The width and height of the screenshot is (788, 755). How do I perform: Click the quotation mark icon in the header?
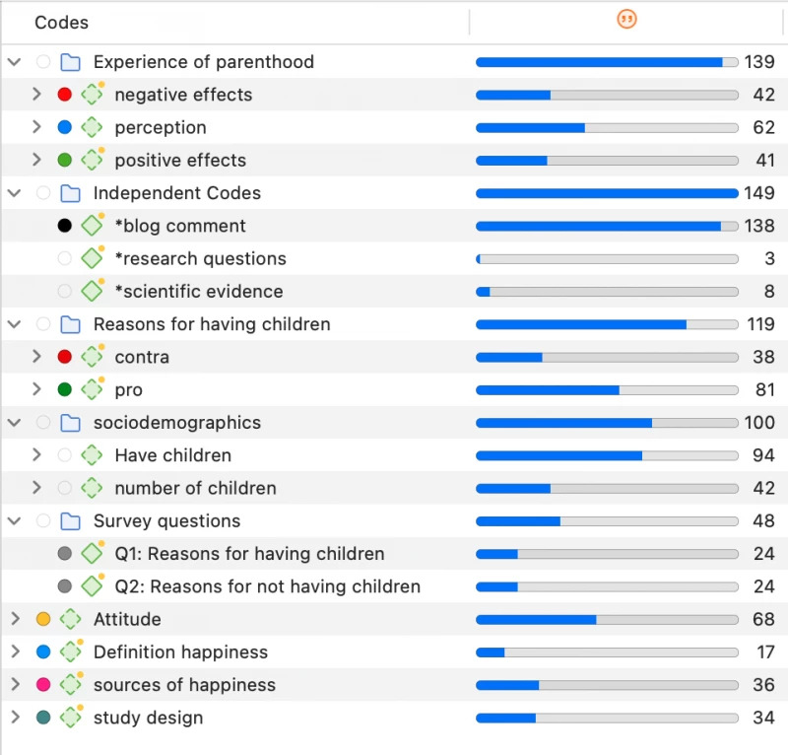tap(625, 19)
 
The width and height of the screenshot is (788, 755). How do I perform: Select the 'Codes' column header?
tap(61, 22)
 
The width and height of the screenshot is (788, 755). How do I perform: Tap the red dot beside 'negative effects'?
tap(65, 95)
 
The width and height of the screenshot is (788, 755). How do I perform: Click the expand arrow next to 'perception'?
tap(36, 127)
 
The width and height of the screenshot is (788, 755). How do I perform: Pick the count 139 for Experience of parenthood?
tap(759, 62)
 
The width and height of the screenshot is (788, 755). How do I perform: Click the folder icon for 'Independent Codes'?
tap(70, 193)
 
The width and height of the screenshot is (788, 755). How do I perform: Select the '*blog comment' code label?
tap(180, 226)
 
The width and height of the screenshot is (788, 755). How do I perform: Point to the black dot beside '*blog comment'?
tap(65, 226)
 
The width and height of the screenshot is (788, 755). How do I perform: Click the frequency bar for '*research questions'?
tap(607, 259)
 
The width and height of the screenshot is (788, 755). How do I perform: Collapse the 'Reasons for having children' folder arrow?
tap(15, 324)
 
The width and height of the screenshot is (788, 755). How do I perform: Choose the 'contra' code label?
tap(142, 357)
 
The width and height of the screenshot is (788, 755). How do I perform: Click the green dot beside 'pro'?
tap(65, 389)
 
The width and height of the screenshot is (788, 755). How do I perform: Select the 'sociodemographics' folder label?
tap(177, 423)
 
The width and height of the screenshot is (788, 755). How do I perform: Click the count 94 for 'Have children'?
tap(764, 455)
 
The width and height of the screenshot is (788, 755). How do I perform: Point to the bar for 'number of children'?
tap(607, 488)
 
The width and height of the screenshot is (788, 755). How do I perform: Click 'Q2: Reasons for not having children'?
tap(268, 586)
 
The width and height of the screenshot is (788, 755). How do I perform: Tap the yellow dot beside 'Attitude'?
tap(43, 619)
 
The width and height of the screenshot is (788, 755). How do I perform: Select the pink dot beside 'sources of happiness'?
tap(43, 685)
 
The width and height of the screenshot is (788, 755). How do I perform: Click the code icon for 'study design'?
tap(70, 718)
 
